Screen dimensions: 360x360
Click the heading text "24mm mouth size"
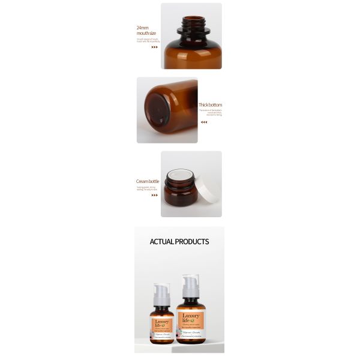pos(146,31)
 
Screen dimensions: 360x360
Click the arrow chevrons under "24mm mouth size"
pos(154,47)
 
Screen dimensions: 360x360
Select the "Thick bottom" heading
pos(210,105)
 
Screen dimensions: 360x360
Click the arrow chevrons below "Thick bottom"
pos(204,122)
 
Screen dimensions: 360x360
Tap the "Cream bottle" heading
pos(148,181)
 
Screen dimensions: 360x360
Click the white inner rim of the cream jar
pos(181,176)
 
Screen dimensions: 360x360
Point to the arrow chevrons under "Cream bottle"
pos(154,195)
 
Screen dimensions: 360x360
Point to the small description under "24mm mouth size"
pos(146,40)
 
